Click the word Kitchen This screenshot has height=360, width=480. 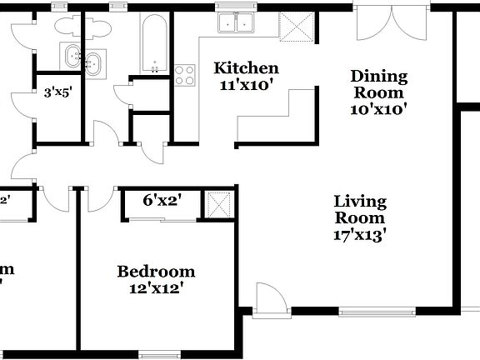[x=246, y=67]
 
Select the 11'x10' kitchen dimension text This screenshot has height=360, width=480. [x=246, y=84]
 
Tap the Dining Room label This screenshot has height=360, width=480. [x=378, y=84]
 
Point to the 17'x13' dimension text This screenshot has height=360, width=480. [x=360, y=234]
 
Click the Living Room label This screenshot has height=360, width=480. [x=360, y=209]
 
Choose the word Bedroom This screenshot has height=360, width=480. [x=156, y=272]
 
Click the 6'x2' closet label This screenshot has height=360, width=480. [x=162, y=200]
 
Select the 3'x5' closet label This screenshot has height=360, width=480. [x=57, y=93]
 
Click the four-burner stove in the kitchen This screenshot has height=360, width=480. [x=184, y=75]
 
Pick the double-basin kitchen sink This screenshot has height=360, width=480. [x=237, y=22]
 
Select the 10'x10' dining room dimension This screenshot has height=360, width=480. [x=378, y=108]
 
